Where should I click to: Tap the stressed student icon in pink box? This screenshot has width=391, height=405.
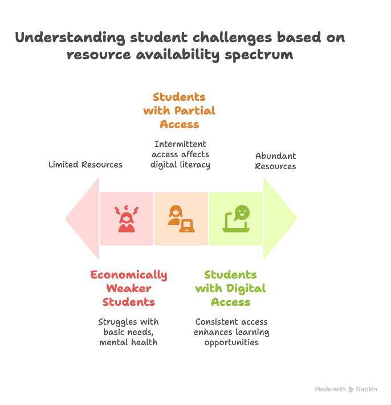pyautogui.click(x=127, y=219)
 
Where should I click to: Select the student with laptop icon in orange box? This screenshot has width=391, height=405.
pyautogui.click(x=181, y=219)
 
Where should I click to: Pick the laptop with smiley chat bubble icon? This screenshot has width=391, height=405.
pyautogui.click(x=236, y=219)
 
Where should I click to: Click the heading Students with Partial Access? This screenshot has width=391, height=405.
pyautogui.click(x=179, y=111)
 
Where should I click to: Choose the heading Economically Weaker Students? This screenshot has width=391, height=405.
pyautogui.click(x=129, y=288)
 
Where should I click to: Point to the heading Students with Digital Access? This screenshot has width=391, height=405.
pyautogui.click(x=230, y=288)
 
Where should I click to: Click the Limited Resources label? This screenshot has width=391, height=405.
pyautogui.click(x=85, y=165)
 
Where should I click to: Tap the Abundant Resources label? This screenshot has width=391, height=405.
pyautogui.click(x=275, y=161)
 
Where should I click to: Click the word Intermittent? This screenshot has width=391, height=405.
pyautogui.click(x=180, y=144)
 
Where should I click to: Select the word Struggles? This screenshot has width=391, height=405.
pyautogui.click(x=115, y=322)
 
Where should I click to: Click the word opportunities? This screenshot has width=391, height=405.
pyautogui.click(x=231, y=343)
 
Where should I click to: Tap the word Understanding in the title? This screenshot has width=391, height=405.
pyautogui.click(x=70, y=38)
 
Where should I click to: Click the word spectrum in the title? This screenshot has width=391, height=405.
pyautogui.click(x=259, y=55)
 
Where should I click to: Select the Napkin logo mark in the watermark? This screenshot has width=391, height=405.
pyautogui.click(x=351, y=389)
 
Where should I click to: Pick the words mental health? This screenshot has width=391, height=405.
pyautogui.click(x=128, y=342)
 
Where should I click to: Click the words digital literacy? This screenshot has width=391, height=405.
pyautogui.click(x=180, y=165)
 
